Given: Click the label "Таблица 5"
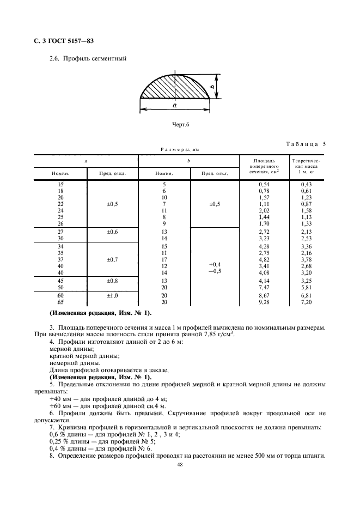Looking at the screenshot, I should [x=306, y=144].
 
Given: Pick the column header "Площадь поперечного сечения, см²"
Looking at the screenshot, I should [x=260, y=166].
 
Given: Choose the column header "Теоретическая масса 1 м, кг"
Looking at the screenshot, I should [x=307, y=166].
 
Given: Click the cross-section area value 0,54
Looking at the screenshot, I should [x=264, y=185].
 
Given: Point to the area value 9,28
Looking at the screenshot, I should [x=264, y=302].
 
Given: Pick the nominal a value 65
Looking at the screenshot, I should [x=60, y=302].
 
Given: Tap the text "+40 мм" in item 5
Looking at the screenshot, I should [x=59, y=398].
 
